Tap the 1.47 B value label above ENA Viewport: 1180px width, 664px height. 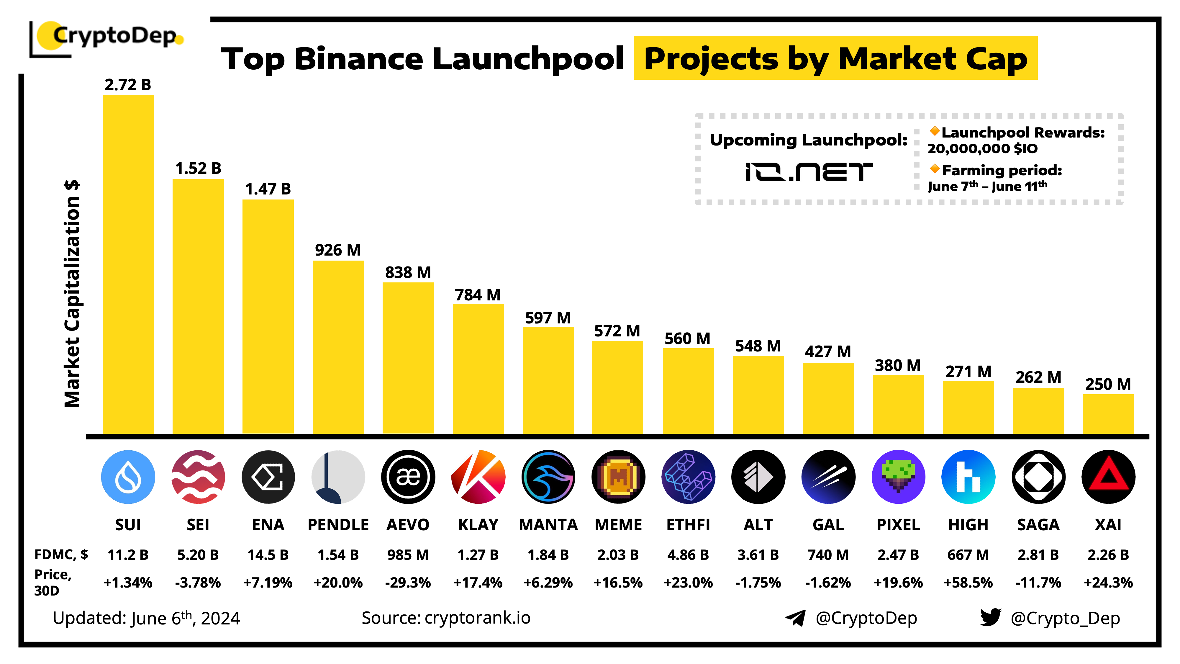pyautogui.click(x=268, y=189)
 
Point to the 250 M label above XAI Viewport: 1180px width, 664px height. pyautogui.click(x=1108, y=384)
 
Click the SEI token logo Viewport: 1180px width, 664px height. pyautogui.click(x=198, y=477)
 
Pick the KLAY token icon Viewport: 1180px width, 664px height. pyautogui.click(x=478, y=477)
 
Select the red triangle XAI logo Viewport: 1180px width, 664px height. pyautogui.click(x=1108, y=477)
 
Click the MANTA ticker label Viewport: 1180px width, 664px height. pyautogui.click(x=548, y=525)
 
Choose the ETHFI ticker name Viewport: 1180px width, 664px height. pyautogui.click(x=688, y=525)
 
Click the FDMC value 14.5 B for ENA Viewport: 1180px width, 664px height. pyautogui.click(x=268, y=555)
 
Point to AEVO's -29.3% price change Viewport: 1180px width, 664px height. pyautogui.click(x=408, y=583)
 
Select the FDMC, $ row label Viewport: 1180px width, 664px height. pyautogui.click(x=61, y=555)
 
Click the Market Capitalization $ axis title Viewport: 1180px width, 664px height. pyautogui.click(x=72, y=293)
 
